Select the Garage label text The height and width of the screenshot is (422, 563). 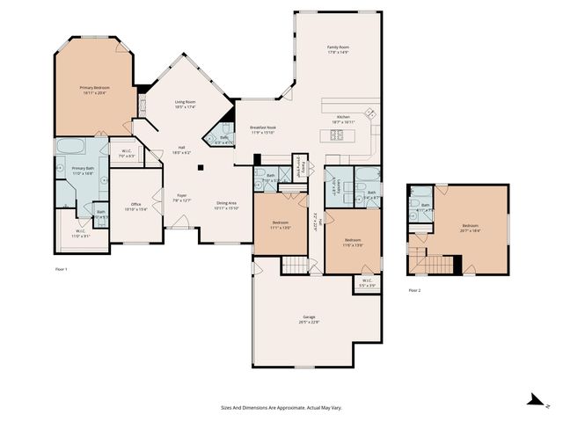pos(309,317)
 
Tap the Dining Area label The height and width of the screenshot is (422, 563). pos(227,204)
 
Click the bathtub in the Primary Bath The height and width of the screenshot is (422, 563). pos(69,147)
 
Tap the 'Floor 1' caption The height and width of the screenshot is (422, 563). pos(62,268)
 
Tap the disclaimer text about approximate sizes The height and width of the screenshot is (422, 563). pos(281,407)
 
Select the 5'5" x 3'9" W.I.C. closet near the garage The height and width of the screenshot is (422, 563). pos(367,284)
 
